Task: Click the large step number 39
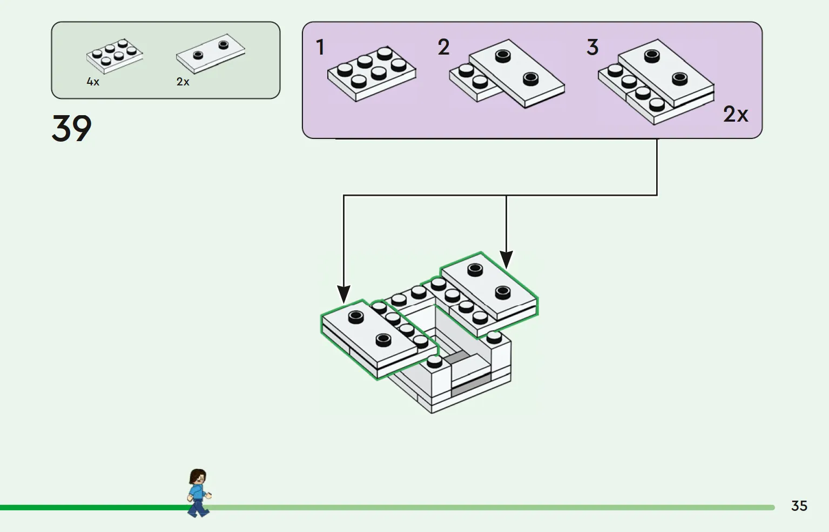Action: coord(71,129)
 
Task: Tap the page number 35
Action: coord(799,506)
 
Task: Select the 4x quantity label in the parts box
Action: coord(93,82)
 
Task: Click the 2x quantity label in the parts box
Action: coord(183,82)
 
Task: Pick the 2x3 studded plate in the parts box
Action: coord(114,56)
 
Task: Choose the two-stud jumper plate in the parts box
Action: coord(211,53)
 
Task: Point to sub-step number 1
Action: coord(320,48)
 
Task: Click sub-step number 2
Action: coord(443,48)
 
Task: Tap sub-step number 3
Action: coord(592,48)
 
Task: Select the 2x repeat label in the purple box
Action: coord(736,115)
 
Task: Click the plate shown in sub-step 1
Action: coord(372,74)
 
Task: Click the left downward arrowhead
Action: coord(343,294)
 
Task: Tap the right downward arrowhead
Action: coord(506,260)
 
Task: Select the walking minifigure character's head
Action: coord(198,477)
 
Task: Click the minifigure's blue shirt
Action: coord(197,493)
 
